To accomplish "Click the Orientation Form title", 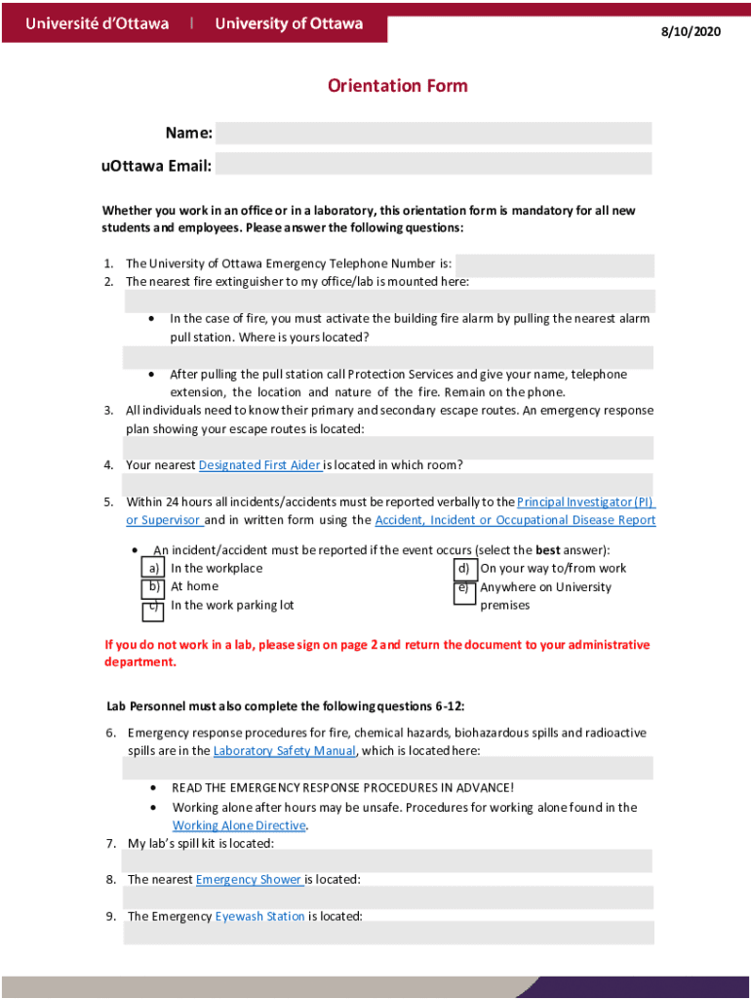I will [397, 86].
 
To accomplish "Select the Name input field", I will [433, 134].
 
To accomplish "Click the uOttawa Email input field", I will [433, 165].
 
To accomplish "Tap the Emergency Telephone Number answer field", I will [554, 264].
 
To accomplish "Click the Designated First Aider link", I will [259, 465].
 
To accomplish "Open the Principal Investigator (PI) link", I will [585, 501].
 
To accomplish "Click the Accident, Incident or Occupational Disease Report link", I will [515, 520].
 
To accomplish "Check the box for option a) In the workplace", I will [153, 569].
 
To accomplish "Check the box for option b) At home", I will [153, 588].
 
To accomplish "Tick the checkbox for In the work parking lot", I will [153, 610].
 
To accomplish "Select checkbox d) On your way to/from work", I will [465, 569].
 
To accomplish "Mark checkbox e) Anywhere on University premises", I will [465, 592].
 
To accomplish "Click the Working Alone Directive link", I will [239, 825].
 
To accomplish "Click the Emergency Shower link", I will [250, 879].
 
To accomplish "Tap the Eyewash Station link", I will [260, 916].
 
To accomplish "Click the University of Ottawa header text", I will [289, 23].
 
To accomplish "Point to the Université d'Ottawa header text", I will [97, 23].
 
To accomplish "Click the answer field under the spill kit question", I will [387, 860].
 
